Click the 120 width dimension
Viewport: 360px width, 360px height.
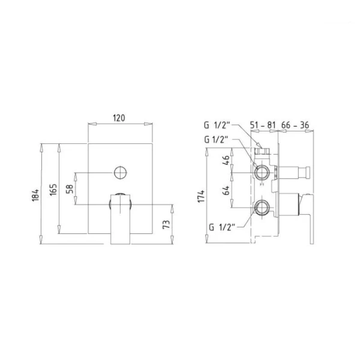pyautogui.click(x=119, y=118)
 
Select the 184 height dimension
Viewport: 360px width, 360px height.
pyautogui.click(x=35, y=196)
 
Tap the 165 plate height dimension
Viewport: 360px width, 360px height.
pyautogui.click(x=53, y=190)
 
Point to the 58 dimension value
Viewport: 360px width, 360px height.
pyautogui.click(x=70, y=189)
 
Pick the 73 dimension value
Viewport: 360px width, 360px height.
pyautogui.click(x=166, y=224)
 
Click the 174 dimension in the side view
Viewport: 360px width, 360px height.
pyautogui.click(x=202, y=196)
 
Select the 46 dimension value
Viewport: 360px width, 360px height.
pyautogui.click(x=226, y=160)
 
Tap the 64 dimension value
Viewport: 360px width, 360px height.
pyautogui.click(x=226, y=190)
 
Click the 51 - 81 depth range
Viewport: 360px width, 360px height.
pyautogui.click(x=263, y=125)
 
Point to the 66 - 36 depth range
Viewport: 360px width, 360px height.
pyautogui.click(x=295, y=125)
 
